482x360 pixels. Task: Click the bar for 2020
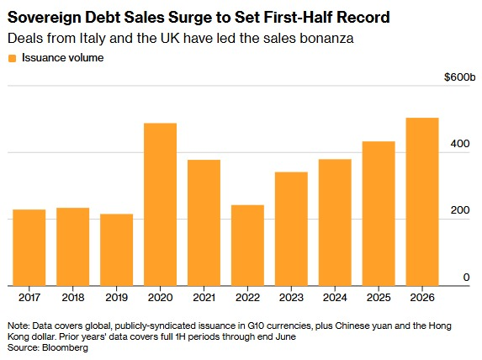(160, 204)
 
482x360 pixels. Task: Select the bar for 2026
(422, 202)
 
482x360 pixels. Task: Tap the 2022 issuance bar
(247, 246)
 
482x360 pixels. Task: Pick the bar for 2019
(116, 250)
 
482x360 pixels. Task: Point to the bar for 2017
(29, 248)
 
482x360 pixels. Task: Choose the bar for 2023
(291, 229)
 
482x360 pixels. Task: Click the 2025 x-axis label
(379, 297)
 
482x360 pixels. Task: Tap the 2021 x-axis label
(204, 297)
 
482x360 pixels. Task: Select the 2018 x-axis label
(73, 297)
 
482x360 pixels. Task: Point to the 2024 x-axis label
(335, 297)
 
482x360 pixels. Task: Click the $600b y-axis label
(459, 77)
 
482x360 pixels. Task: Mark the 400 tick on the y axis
(460, 144)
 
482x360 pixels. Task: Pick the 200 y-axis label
(460, 210)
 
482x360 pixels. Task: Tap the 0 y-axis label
(466, 278)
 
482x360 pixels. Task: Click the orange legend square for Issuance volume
(13, 58)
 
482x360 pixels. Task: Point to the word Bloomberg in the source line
(65, 347)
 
